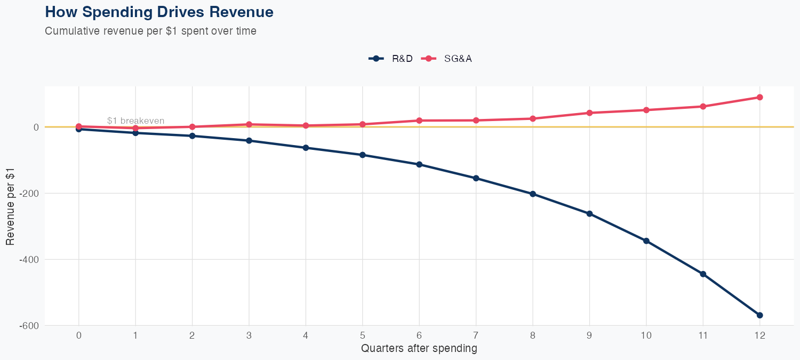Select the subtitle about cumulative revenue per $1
click(150, 31)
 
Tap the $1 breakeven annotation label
click(135, 121)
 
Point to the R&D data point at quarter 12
click(759, 315)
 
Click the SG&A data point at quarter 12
click(759, 97)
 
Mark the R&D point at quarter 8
click(533, 194)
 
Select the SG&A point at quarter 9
click(589, 113)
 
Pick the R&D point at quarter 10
click(646, 241)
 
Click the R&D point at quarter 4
click(306, 147)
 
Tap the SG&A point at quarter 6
click(419, 121)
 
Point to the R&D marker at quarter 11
click(703, 274)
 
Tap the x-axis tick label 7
click(476, 335)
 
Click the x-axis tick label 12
click(759, 335)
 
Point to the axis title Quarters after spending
click(419, 349)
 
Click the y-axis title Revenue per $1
click(11, 206)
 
